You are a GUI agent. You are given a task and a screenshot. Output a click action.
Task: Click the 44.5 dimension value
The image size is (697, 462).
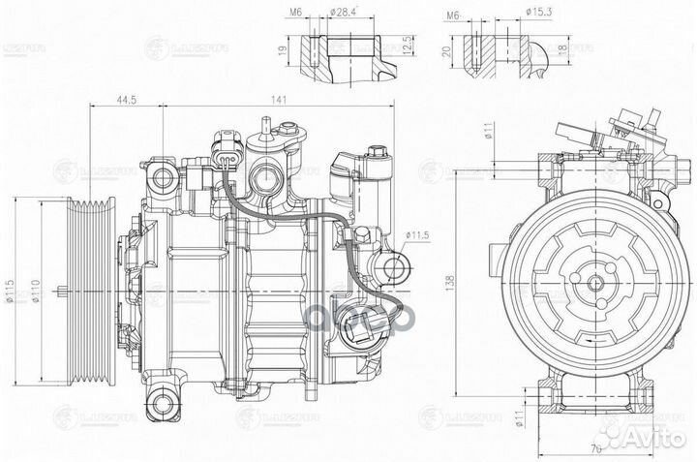point(123,99)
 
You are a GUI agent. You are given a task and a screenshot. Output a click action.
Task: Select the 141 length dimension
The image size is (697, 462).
point(277,99)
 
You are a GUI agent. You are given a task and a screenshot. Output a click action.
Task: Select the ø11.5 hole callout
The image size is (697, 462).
point(417,234)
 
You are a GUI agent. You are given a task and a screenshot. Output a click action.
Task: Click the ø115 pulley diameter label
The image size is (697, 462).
point(11,290)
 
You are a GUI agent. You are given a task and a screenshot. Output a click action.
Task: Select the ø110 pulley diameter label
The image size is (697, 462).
point(36,290)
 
